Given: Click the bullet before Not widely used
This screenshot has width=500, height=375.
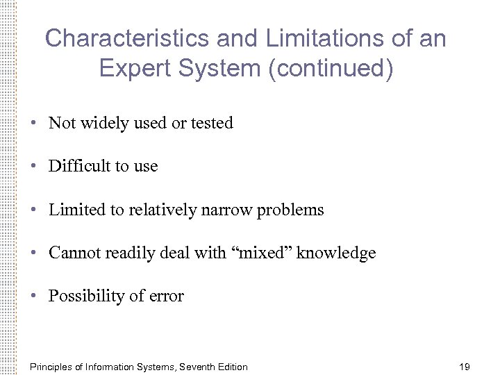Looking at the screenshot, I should click(x=33, y=124).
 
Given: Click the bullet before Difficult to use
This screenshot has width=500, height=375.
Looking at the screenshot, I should click(x=33, y=167).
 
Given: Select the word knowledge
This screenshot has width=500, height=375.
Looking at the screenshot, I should click(x=336, y=253).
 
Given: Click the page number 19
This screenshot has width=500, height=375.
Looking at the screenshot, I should click(x=465, y=367).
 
